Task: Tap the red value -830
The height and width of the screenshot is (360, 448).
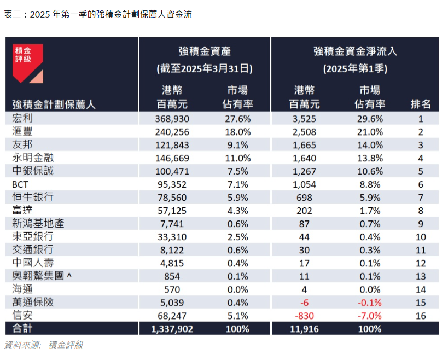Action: [304, 315]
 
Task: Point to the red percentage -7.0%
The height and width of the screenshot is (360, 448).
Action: [369, 315]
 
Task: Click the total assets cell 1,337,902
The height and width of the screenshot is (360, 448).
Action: [166, 329]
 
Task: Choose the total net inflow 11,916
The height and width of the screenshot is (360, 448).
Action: [304, 329]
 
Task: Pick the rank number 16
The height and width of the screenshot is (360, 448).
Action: [421, 315]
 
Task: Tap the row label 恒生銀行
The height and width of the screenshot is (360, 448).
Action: [32, 197]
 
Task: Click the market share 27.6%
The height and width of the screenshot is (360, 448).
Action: [238, 118]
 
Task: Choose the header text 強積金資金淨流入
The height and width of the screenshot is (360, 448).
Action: [354, 51]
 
